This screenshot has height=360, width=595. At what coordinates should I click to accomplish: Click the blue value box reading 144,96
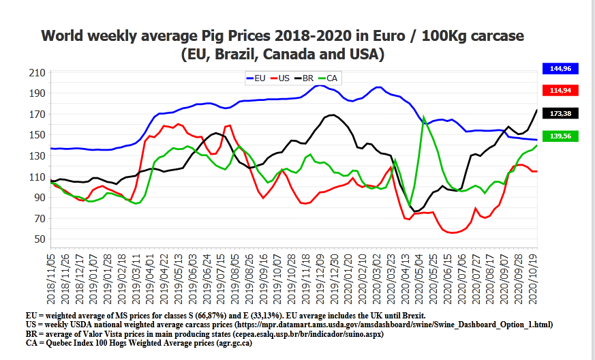tap(561, 68)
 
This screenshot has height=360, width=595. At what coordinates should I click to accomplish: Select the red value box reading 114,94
tap(561, 90)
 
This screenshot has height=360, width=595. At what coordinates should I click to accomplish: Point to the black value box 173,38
tap(561, 112)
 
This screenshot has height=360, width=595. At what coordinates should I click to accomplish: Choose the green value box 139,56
tap(561, 136)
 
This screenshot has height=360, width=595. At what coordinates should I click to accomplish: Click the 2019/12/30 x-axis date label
tap(335, 280)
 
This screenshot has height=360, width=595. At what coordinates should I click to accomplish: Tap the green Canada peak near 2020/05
tap(424, 117)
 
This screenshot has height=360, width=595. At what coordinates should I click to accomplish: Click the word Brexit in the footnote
tap(410, 315)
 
